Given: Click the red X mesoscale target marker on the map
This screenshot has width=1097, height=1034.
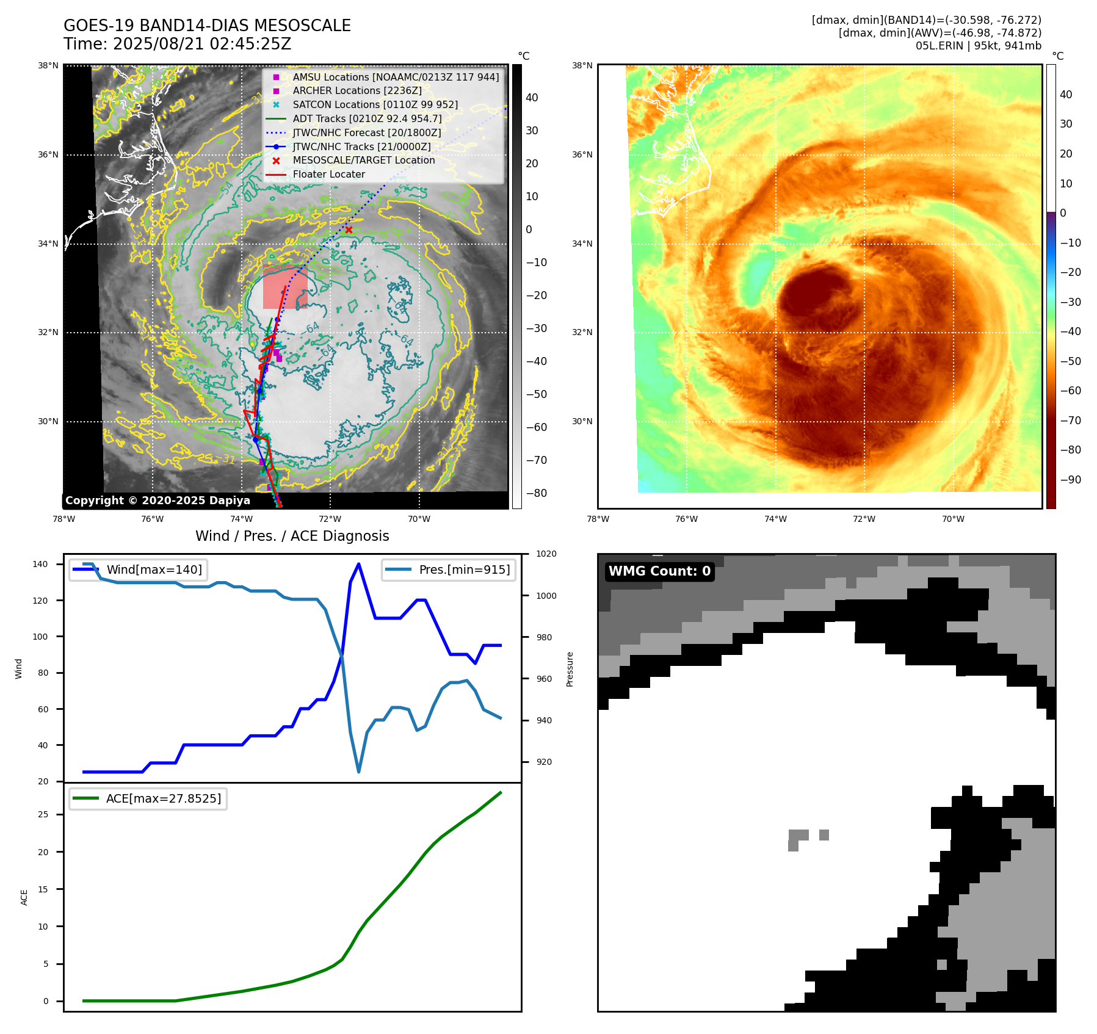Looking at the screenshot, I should [x=349, y=230].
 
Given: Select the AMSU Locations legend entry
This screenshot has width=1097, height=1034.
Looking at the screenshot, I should [x=395, y=77].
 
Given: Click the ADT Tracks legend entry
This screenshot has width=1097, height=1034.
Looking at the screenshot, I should [x=367, y=118].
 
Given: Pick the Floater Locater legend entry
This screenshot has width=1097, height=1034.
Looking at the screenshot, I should [x=328, y=174].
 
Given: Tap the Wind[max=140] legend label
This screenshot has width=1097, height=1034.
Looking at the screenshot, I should [x=154, y=569].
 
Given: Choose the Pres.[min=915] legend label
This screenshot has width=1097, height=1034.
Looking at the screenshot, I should [x=464, y=569].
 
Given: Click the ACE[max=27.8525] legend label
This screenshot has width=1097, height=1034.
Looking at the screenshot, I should [x=163, y=798].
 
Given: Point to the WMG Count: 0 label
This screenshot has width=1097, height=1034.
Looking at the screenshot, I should [x=659, y=571].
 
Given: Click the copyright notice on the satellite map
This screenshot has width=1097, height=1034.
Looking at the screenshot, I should [x=157, y=501].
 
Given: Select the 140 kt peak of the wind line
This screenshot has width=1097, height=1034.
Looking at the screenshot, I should [x=358, y=564].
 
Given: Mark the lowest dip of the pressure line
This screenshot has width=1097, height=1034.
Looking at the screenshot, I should [x=358, y=772].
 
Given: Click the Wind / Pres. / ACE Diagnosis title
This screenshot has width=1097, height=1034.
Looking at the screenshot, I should [x=292, y=536].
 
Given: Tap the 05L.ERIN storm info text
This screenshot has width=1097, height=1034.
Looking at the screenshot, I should [x=978, y=46].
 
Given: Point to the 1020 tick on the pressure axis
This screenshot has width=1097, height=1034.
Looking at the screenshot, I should [x=546, y=554].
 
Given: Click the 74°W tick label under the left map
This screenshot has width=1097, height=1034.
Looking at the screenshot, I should [x=241, y=519].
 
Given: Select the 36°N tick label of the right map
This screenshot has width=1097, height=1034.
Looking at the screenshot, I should [x=582, y=155].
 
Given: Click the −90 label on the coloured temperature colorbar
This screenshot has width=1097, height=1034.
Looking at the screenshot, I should [x=1070, y=480].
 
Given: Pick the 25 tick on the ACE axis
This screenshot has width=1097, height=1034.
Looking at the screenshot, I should [x=43, y=814].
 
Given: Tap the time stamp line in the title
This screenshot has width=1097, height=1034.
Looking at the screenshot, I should [x=177, y=45].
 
